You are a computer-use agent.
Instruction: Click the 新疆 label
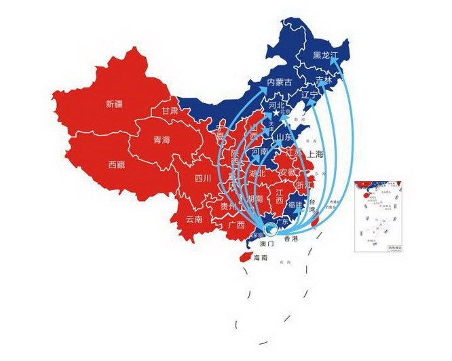(x=115, y=104)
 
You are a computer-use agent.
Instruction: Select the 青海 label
(x=162, y=140)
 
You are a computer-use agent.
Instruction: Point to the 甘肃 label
(x=170, y=111)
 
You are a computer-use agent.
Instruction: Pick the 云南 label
(x=194, y=219)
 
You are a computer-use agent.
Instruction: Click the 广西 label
(x=236, y=225)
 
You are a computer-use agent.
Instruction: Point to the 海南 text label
(x=261, y=258)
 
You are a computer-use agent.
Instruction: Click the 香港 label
(x=290, y=239)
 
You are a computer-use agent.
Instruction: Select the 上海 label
(x=315, y=155)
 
